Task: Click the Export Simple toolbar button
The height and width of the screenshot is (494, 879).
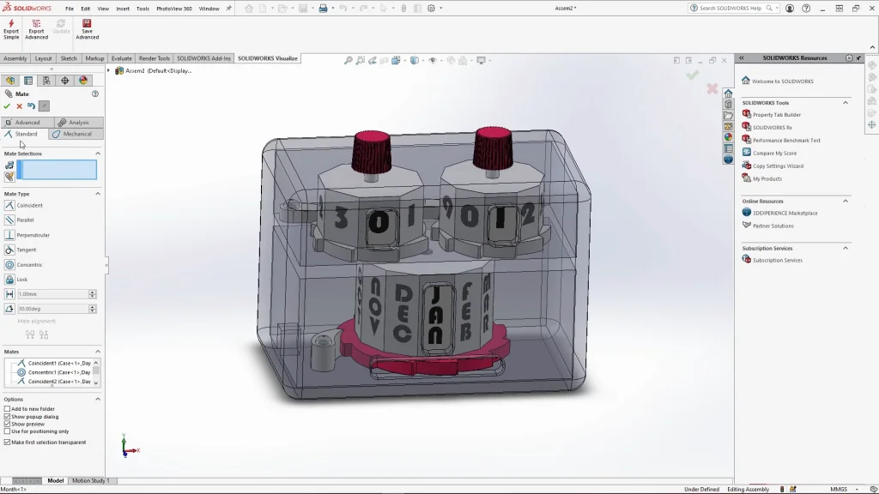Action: [x=11, y=28]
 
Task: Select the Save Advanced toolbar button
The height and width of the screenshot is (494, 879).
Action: [x=87, y=28]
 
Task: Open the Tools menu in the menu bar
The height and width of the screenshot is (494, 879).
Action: [x=142, y=9]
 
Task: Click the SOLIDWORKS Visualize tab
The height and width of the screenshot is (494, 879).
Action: [x=268, y=58]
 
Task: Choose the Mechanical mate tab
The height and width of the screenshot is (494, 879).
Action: [x=76, y=134]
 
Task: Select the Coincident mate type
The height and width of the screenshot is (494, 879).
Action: [x=29, y=205]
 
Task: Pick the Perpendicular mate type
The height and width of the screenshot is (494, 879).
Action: [x=33, y=235]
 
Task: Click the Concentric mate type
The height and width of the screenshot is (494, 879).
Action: [x=29, y=264]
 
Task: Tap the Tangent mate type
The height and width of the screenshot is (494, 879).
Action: [x=26, y=250]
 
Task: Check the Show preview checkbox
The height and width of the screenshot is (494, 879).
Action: [x=8, y=424]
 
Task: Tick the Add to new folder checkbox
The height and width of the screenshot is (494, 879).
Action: [x=8, y=409]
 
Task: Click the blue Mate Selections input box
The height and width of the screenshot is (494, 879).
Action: [x=58, y=170]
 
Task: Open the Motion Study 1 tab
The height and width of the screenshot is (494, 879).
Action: [x=90, y=480]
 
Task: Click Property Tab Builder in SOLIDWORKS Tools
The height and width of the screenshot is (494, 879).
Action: [x=776, y=115]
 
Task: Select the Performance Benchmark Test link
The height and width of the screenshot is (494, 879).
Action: [x=786, y=141]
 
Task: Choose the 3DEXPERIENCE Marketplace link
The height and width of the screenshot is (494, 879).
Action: [x=785, y=213]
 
